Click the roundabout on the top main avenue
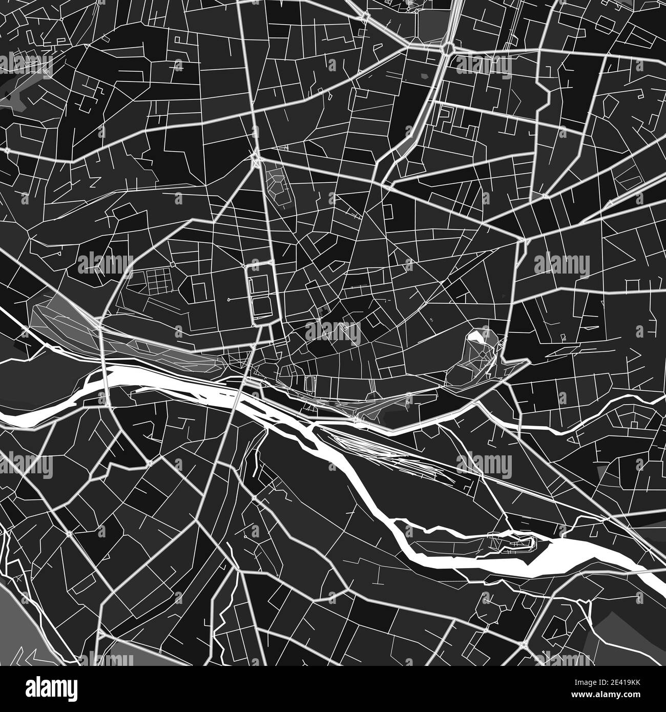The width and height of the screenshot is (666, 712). pyautogui.click(x=448, y=48)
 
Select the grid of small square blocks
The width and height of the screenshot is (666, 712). pyautogui.click(x=157, y=281)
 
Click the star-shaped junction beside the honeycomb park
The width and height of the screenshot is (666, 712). pyautogui.click(x=255, y=160)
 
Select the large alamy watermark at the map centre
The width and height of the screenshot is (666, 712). pyautogui.click(x=333, y=333)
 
